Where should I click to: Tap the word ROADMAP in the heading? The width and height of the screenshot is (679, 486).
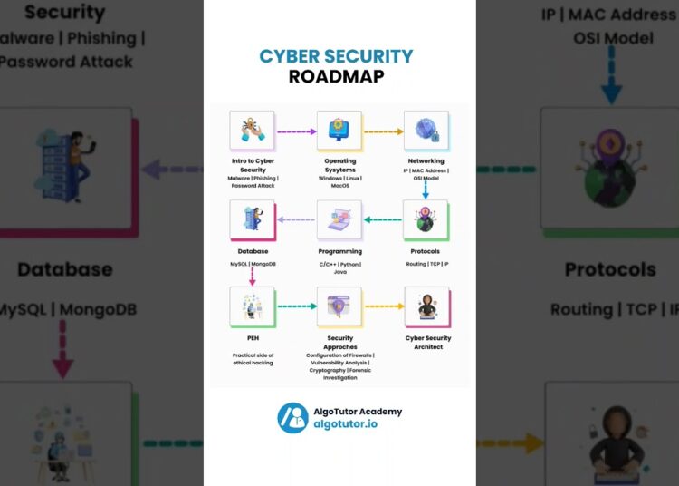coord(336,77)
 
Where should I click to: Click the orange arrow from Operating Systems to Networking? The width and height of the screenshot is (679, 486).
coord(383,132)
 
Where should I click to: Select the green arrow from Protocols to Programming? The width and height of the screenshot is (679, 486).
coord(383,219)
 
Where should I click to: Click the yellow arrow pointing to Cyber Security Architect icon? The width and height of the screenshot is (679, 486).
coord(383,306)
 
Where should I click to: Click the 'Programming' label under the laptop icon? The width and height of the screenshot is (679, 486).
coord(339,251)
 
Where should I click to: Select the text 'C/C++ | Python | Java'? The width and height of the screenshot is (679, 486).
coord(339,267)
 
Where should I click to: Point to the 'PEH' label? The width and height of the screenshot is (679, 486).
coord(253,338)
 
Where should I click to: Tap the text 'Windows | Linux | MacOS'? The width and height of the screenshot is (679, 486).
coord(339,181)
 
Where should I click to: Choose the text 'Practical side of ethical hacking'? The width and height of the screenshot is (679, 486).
coord(253,358)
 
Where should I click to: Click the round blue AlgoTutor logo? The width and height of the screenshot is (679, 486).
coord(292,418)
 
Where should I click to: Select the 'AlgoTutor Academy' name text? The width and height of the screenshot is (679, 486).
coord(358,411)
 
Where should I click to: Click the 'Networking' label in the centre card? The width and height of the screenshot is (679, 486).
coord(426,161)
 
